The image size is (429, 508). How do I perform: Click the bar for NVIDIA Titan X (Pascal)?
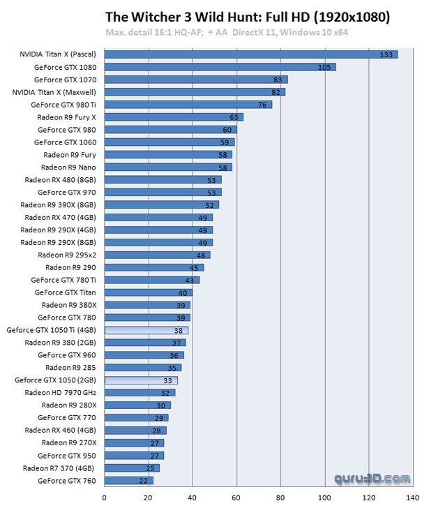251,54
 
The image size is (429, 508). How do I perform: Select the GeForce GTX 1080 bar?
220,67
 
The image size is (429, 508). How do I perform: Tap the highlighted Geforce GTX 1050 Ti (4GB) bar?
146,330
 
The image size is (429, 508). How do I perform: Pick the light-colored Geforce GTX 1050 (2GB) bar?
140,380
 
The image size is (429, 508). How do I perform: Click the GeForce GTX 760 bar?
128,480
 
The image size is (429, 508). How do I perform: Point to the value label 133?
386,54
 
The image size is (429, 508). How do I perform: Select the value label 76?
263,105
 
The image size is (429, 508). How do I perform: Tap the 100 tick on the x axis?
324,498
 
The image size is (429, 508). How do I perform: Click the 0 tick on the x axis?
105,498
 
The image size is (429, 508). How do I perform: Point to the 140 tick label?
412,498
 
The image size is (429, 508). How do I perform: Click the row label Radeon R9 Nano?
68,167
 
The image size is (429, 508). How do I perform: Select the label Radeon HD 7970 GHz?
61,392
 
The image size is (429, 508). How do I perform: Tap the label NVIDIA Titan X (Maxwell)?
54,92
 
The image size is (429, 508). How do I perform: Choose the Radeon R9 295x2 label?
67,255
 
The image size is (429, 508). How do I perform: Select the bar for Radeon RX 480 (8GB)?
163,180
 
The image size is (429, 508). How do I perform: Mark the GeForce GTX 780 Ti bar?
151,280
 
